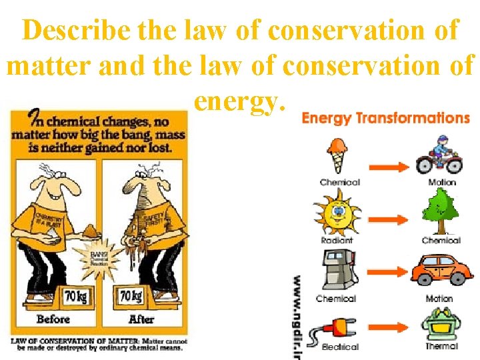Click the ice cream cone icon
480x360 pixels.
pyautogui.click(x=338, y=155)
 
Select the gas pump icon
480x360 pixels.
pyautogui.click(x=336, y=271)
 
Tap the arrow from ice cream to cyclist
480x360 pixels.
pyautogui.click(x=389, y=166)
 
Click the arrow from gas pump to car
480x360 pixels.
pyautogui.click(x=389, y=273)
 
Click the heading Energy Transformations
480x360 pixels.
pyautogui.click(x=385, y=119)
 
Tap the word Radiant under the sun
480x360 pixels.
pyautogui.click(x=337, y=240)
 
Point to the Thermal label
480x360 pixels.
pyautogui.click(x=441, y=346)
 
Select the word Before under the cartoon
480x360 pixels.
pyautogui.click(x=53, y=319)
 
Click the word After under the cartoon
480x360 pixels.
pyautogui.click(x=141, y=319)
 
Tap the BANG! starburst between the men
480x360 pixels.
pyautogui.click(x=98, y=260)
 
